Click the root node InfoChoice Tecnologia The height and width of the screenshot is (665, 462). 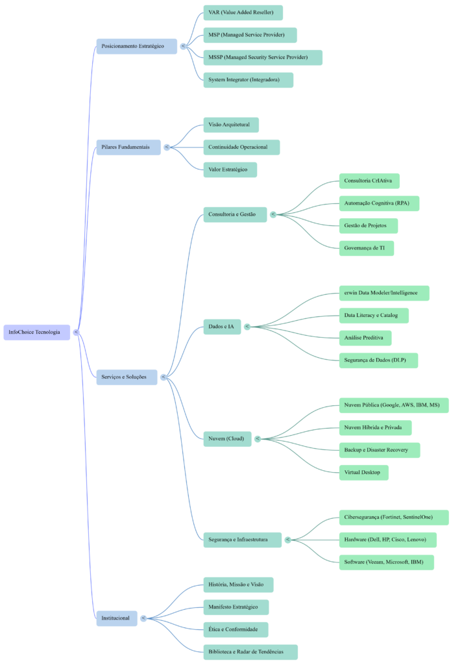pyautogui.click(x=36, y=332)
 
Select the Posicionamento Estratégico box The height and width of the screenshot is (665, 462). pyautogui.click(x=136, y=46)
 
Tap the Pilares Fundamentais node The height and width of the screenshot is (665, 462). pyautogui.click(x=128, y=147)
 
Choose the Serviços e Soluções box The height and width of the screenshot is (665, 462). pyautogui.click(x=127, y=377)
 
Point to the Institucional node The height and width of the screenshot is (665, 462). pyautogui.click(x=117, y=618)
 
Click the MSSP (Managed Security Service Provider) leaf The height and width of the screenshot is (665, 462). pyautogui.click(x=262, y=58)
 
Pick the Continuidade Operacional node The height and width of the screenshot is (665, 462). pyautogui.click(x=241, y=147)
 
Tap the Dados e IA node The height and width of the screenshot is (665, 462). pyautogui.click(x=221, y=327)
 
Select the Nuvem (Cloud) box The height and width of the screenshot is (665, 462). pyautogui.click(x=226, y=439)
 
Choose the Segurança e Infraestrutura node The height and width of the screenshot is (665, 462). pyautogui.click(x=242, y=540)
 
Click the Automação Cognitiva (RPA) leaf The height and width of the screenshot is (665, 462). pyautogui.click(x=379, y=203)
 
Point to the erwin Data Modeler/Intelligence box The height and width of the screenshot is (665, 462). pyautogui.click(x=384, y=293)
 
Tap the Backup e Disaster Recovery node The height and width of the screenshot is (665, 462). pyautogui.click(x=380, y=450)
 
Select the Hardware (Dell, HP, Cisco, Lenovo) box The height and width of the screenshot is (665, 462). pyautogui.click(x=387, y=540)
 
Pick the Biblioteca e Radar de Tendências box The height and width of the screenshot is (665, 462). pyautogui.click(x=250, y=652)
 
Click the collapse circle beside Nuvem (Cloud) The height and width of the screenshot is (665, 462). pyautogui.click(x=258, y=439)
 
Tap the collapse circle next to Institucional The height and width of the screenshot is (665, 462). pyautogui.click(x=143, y=618)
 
